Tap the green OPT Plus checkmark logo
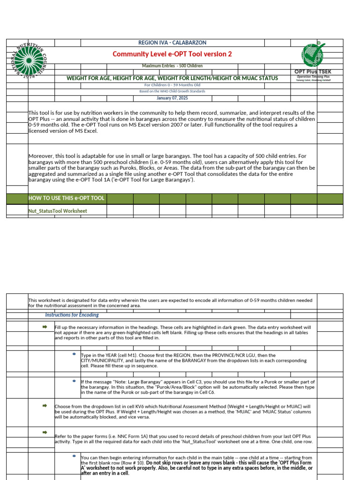tap(313, 54)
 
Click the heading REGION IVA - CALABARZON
tap(172, 43)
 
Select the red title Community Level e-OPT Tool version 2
tap(172, 54)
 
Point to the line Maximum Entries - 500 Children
tap(172, 66)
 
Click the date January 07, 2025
tap(172, 98)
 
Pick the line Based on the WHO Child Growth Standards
tap(172, 91)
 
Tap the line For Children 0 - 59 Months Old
tap(172, 85)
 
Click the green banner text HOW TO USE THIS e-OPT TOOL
tap(66, 198)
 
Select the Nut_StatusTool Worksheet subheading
tap(58, 211)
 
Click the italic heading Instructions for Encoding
tap(72, 315)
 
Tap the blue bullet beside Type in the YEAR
tap(74, 354)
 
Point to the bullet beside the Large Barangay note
tap(74, 381)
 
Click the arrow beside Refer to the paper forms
tap(45, 432)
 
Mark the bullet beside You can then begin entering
tap(74, 456)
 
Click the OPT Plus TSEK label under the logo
tap(313, 72)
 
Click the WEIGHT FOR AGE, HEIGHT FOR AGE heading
tap(172, 78)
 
